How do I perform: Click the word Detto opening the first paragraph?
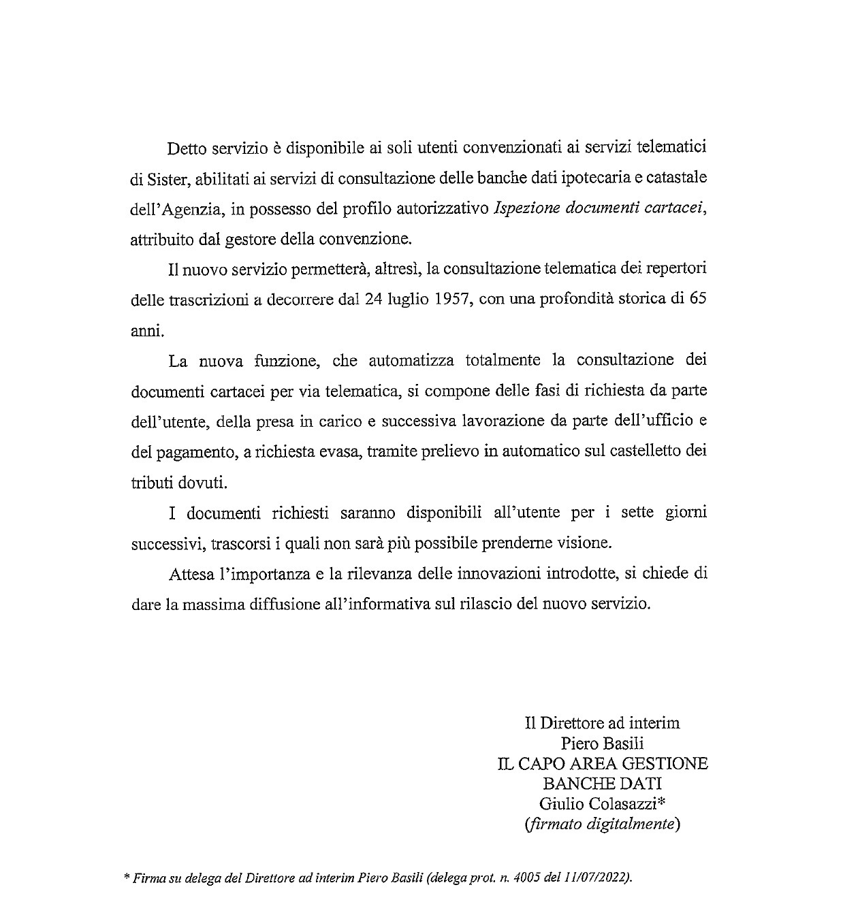click(186, 148)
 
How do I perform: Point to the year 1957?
click(450, 299)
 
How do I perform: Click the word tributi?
click(148, 481)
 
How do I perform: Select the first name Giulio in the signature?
click(558, 803)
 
